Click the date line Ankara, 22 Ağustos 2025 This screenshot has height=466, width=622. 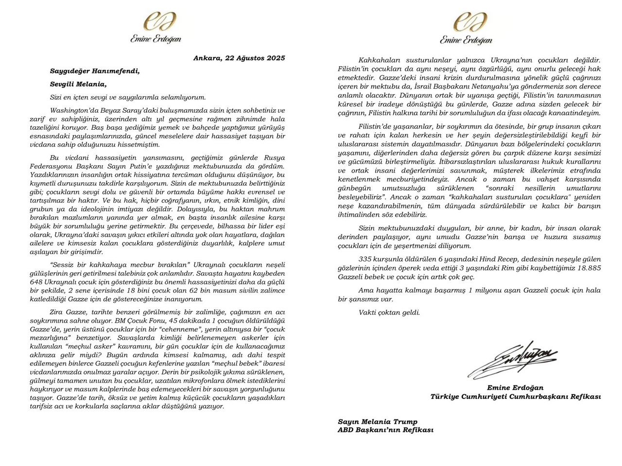239,58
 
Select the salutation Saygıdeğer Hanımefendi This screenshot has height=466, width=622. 95,71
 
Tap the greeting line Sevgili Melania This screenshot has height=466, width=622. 78,84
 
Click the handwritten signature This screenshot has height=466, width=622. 513,359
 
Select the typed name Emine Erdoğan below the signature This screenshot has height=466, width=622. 515,388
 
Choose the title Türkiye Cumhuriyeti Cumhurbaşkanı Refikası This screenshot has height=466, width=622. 515,397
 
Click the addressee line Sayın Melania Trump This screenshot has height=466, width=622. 378,422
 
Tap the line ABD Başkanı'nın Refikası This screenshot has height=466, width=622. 385,430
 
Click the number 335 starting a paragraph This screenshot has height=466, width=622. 367,259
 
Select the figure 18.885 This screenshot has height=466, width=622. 588,268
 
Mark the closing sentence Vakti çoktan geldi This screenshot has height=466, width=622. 389,312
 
